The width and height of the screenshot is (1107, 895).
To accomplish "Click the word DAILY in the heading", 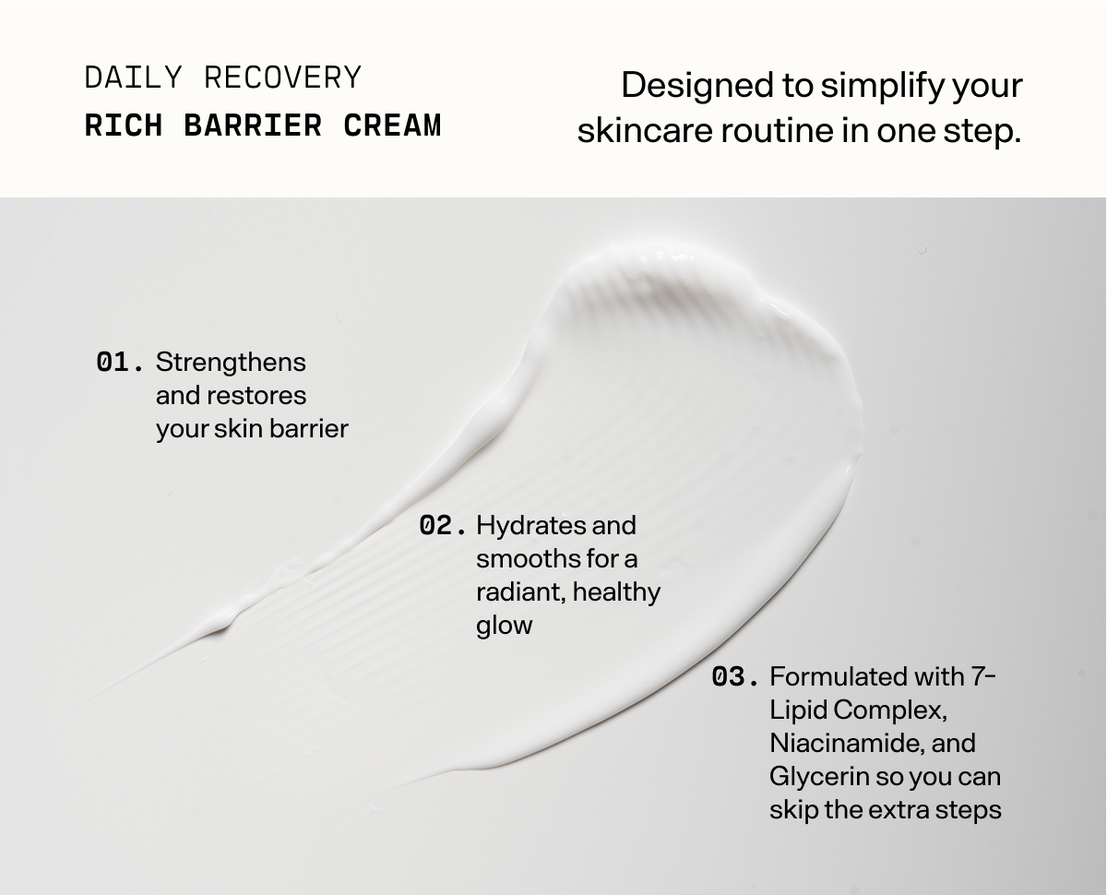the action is (x=133, y=78).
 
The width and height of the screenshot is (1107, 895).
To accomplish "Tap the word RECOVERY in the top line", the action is (x=282, y=78).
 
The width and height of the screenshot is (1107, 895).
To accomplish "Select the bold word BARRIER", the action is (x=253, y=125).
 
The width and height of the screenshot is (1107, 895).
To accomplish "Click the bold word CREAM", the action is (x=392, y=125).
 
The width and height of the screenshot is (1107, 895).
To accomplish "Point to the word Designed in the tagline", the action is (x=697, y=86).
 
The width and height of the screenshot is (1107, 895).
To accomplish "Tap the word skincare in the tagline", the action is (x=645, y=130).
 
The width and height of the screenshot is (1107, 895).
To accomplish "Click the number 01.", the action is (x=120, y=363).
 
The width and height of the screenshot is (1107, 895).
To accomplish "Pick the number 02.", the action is (x=442, y=525).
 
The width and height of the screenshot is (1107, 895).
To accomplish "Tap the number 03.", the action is (x=734, y=677).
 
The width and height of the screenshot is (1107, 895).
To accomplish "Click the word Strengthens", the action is (x=231, y=363).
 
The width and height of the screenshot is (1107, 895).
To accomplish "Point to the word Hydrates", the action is (x=530, y=525).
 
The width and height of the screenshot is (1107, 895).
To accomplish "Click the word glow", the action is (x=504, y=626).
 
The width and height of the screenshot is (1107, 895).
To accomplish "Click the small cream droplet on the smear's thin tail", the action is (x=222, y=626).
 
